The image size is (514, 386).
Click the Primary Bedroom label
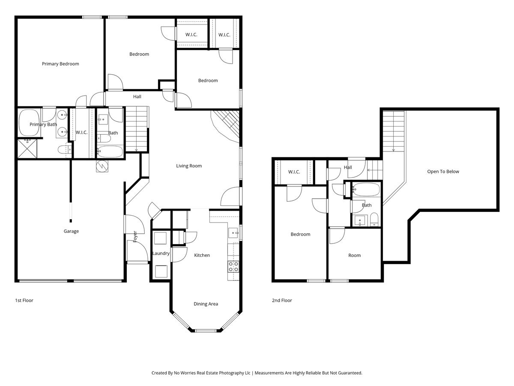tap(60, 64)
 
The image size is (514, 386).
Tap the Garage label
tap(71, 231)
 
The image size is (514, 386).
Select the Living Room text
tap(189, 166)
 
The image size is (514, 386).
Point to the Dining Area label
tap(206, 304)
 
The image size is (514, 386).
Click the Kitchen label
tap(202, 255)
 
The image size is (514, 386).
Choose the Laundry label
tap(161, 253)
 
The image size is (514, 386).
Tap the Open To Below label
tap(443, 172)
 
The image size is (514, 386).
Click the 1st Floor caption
tap(24, 301)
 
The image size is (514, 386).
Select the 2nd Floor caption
tap(282, 301)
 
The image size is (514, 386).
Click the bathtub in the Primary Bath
tap(29, 123)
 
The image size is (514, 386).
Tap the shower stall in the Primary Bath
tap(27, 148)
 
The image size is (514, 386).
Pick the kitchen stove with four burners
tap(233, 267)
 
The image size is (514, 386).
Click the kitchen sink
tap(233, 233)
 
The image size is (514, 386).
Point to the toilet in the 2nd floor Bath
tap(374, 219)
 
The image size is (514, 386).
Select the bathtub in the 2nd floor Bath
tap(366, 190)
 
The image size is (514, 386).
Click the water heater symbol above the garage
tap(102, 166)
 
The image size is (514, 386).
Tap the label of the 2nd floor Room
tap(355, 256)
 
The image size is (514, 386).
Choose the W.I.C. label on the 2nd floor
tap(294, 172)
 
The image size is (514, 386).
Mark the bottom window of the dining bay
tap(206, 331)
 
